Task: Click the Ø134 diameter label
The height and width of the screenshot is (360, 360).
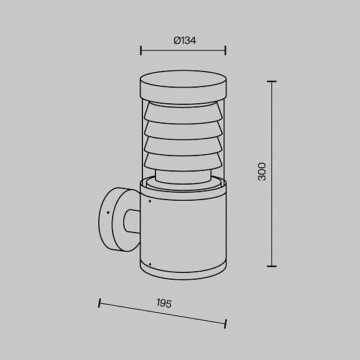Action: click(185, 40)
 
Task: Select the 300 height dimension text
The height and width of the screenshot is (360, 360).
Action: click(262, 172)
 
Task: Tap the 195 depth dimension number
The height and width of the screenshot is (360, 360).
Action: click(164, 303)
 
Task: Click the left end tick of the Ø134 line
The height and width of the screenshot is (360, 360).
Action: click(141, 50)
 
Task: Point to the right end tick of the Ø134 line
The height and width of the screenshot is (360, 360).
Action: click(226, 50)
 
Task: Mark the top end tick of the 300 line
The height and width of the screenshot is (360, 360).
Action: click(272, 81)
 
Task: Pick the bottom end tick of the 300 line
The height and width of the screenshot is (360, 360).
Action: click(272, 266)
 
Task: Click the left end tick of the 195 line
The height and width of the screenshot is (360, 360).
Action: click(99, 303)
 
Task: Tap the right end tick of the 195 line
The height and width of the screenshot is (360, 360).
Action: click(226, 324)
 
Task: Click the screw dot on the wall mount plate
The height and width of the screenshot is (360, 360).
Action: click(108, 213)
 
